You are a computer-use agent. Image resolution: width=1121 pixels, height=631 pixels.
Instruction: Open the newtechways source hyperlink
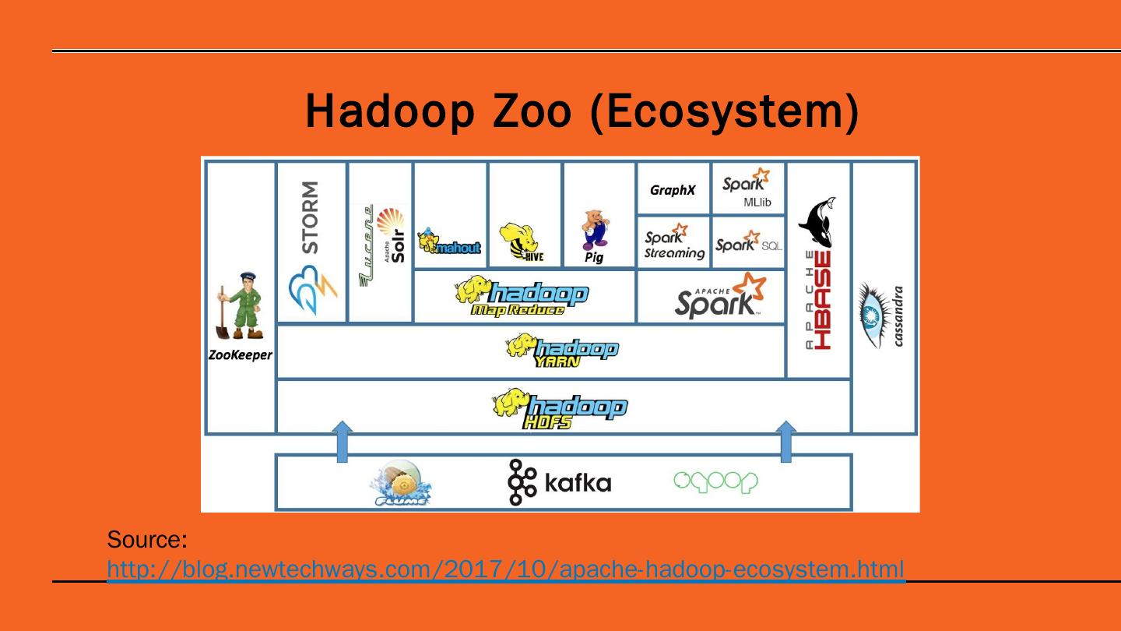point(506,569)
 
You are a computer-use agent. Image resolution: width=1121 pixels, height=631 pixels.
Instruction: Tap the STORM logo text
point(310,217)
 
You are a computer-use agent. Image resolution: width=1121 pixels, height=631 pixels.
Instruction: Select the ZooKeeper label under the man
point(241,355)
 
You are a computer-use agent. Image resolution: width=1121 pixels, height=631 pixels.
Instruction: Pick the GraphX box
point(673,189)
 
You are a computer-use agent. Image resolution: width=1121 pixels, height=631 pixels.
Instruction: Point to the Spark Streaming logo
point(673,242)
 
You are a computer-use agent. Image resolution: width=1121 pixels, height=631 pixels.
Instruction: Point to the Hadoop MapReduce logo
point(523,297)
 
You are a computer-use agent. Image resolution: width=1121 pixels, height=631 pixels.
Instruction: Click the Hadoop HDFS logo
point(560,408)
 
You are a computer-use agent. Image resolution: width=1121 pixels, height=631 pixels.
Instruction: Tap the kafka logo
point(560,482)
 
